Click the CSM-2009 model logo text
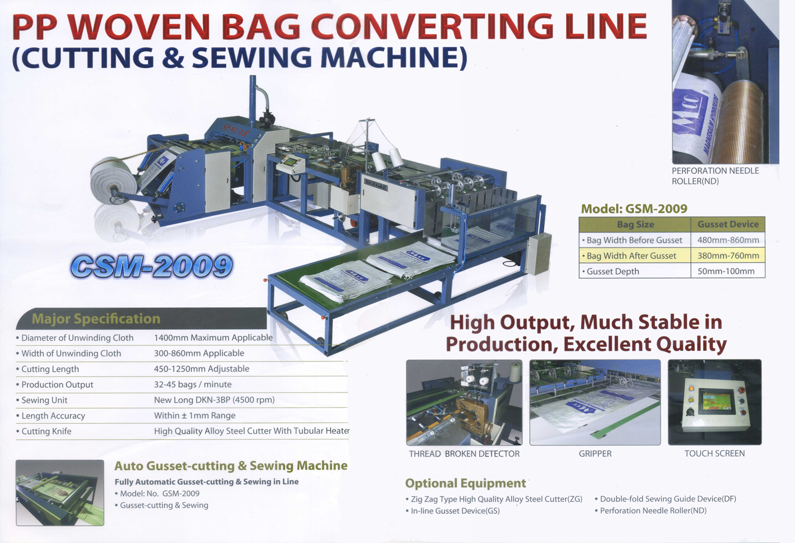click(152, 266)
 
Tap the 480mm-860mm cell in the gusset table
click(728, 240)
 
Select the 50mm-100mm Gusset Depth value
click(726, 271)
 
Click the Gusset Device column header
click(728, 225)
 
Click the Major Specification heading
click(96, 318)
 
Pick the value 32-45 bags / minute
click(193, 385)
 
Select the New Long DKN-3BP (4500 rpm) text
click(214, 400)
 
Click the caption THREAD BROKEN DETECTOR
click(464, 453)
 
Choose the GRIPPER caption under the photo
click(595, 453)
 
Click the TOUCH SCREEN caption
click(714, 453)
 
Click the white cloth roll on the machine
click(113, 181)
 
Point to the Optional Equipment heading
click(465, 483)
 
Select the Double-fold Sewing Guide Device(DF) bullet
click(665, 499)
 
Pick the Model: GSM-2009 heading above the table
click(634, 209)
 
